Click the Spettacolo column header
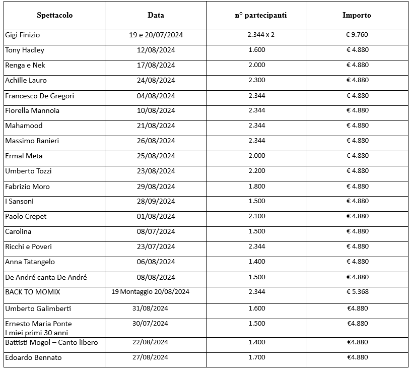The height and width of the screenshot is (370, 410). pyautogui.click(x=54, y=15)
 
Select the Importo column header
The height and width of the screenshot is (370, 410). pyautogui.click(x=357, y=15)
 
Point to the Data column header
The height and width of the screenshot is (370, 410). pyautogui.click(x=156, y=15)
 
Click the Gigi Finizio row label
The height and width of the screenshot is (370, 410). pyautogui.click(x=23, y=35)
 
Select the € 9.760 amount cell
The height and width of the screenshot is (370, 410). pyautogui.click(x=357, y=35)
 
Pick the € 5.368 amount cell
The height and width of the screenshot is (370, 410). pyautogui.click(x=357, y=292)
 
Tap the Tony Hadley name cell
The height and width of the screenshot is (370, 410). pyautogui.click(x=25, y=50)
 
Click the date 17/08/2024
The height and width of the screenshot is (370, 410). pyautogui.click(x=156, y=65)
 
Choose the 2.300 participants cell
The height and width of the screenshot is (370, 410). pyautogui.click(x=256, y=80)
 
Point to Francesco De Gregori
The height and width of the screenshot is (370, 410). pyautogui.click(x=39, y=96)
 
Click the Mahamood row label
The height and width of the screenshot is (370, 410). pyautogui.click(x=24, y=126)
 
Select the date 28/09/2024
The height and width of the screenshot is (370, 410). pyautogui.click(x=156, y=201)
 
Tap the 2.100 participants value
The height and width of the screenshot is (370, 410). pyautogui.click(x=256, y=216)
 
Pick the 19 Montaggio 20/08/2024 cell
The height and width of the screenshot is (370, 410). pyautogui.click(x=150, y=292)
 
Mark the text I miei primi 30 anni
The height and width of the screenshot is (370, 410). pyautogui.click(x=36, y=333)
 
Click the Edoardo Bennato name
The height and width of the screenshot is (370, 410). pyautogui.click(x=34, y=358)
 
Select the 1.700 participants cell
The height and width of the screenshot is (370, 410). pyautogui.click(x=256, y=358)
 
